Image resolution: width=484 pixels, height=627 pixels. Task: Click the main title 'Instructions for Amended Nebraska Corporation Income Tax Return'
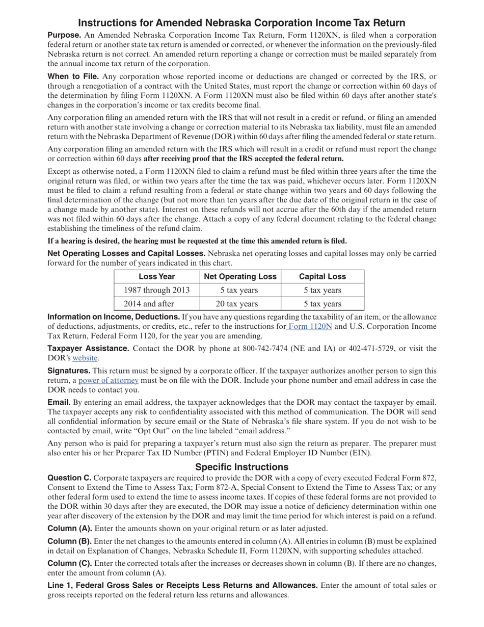(241, 23)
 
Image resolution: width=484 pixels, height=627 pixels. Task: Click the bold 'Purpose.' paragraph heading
(64, 35)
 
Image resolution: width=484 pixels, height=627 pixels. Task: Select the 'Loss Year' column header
(157, 276)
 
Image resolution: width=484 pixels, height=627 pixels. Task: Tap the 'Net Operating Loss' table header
(240, 276)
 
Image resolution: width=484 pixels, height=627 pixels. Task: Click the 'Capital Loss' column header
(322, 276)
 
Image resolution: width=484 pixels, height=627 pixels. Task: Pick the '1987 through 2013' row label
(157, 290)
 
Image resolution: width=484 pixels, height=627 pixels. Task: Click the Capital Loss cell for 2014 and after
(322, 304)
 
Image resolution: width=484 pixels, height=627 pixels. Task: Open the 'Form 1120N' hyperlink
(310, 326)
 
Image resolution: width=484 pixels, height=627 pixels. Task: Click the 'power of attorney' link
(109, 380)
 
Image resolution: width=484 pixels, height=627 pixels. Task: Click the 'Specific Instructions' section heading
(241, 467)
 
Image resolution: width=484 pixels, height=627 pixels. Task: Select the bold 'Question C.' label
(69, 478)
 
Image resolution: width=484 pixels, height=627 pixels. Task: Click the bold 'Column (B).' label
(70, 541)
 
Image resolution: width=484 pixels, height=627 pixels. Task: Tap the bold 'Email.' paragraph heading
(59, 402)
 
